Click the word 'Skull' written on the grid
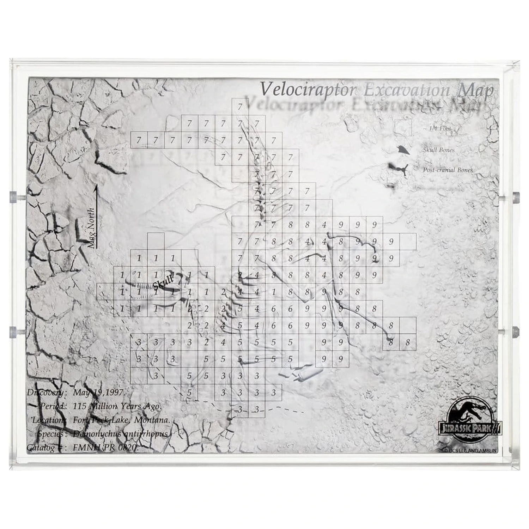163,281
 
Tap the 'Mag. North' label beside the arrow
91,227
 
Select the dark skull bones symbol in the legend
402,150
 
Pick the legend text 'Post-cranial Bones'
448,170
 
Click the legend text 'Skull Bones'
439,150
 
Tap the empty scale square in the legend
403,128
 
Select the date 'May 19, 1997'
98,393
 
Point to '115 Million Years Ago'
117,406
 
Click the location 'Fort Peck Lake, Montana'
122,420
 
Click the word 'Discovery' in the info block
46,393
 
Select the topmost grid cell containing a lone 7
240,107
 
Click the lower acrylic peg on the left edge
13,331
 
